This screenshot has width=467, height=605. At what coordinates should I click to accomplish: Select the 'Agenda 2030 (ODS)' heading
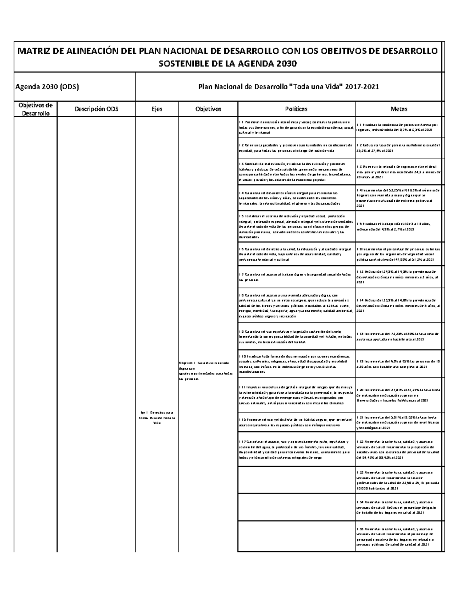tap(46, 87)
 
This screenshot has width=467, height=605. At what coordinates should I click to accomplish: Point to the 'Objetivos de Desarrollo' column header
tap(35, 109)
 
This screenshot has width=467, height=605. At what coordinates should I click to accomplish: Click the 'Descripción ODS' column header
tap(96, 109)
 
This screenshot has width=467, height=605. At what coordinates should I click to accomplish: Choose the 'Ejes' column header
tap(156, 109)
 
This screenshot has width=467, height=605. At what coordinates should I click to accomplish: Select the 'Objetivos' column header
tap(208, 109)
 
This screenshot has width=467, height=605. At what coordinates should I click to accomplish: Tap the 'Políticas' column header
tap(296, 109)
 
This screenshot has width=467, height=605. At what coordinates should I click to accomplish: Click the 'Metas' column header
tap(400, 109)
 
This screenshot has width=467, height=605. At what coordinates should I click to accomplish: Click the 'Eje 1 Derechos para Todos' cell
tap(156, 418)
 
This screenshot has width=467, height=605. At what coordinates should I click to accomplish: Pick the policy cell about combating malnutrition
tap(296, 172)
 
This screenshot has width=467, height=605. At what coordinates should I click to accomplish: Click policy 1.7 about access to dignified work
tap(296, 277)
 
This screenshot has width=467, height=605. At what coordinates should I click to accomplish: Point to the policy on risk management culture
tap(296, 395)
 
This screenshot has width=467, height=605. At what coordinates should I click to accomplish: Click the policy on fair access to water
tap(296, 450)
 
